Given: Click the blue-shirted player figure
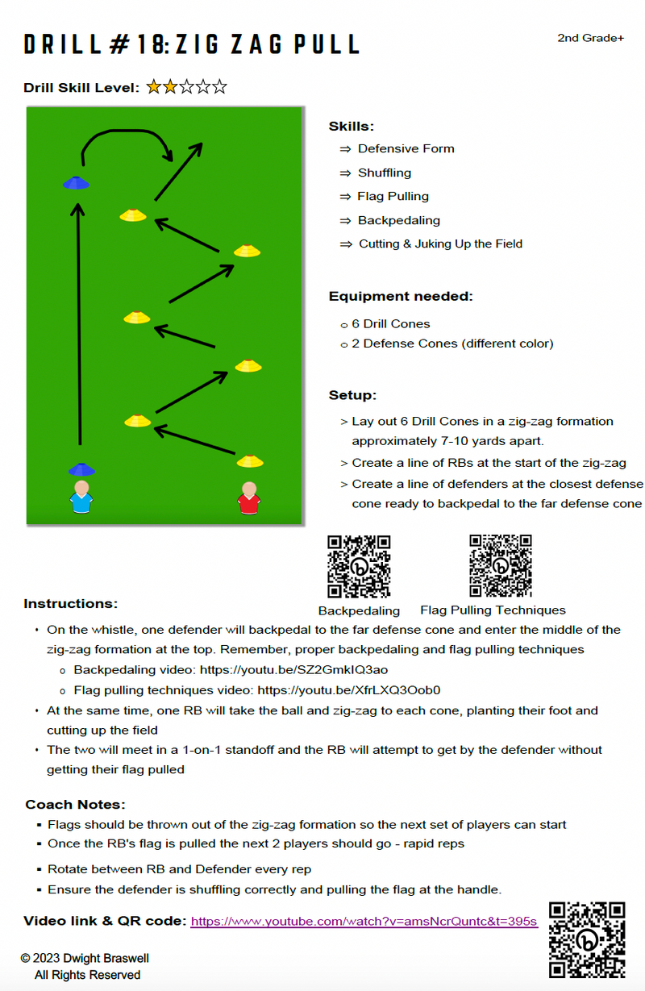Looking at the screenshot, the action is click(x=81, y=497).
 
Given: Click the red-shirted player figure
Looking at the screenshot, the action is click(x=249, y=498).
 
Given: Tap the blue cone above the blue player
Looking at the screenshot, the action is click(x=81, y=469).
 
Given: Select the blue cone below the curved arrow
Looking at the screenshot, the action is click(x=76, y=183).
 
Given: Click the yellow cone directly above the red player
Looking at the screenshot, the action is click(x=250, y=461).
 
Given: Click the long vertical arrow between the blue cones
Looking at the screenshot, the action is click(x=79, y=324).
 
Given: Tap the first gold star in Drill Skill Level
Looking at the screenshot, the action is click(x=153, y=87).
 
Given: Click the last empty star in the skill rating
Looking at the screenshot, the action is click(x=219, y=87).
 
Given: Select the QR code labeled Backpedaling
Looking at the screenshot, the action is click(x=358, y=566).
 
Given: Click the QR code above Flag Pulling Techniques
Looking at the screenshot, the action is click(x=501, y=565).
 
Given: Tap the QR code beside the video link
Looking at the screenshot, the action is click(x=587, y=939).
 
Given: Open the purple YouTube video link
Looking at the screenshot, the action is click(x=364, y=921).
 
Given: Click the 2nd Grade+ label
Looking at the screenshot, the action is click(x=590, y=38).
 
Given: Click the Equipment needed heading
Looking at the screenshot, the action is click(x=401, y=296).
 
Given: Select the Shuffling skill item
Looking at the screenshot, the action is click(x=385, y=173).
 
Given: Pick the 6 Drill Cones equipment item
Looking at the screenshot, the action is click(x=390, y=324).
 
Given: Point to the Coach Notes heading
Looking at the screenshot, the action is click(x=75, y=804).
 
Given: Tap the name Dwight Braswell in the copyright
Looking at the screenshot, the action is click(x=106, y=958).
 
